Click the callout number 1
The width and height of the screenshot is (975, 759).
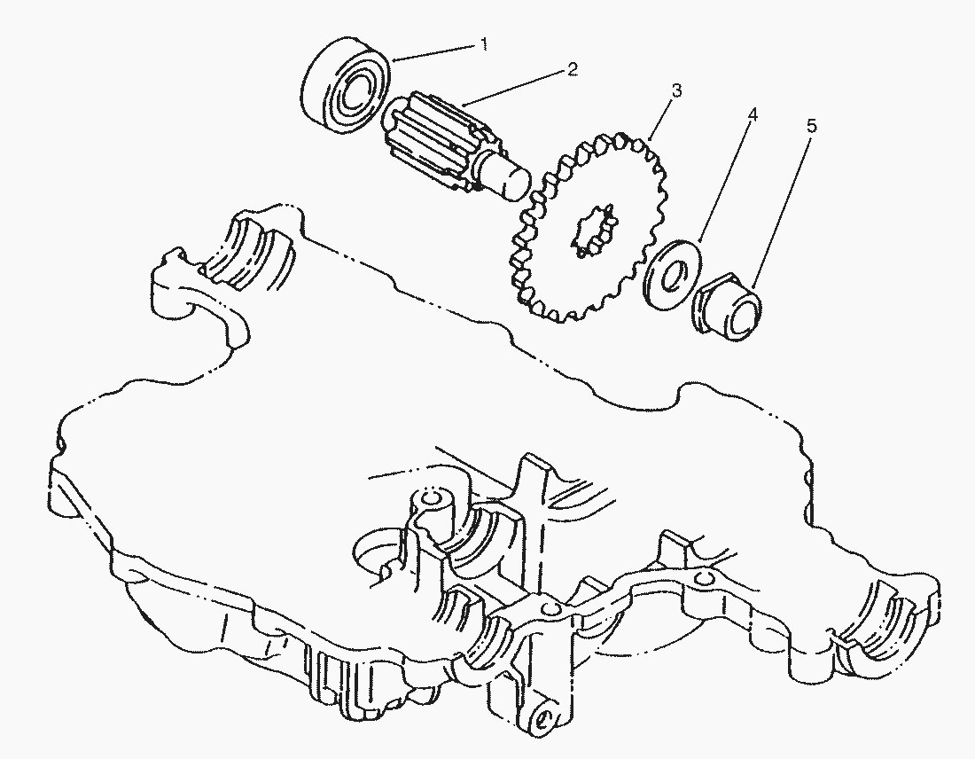point(483,44)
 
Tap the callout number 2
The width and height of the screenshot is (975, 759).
point(572,68)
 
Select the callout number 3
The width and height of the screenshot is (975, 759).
point(676,90)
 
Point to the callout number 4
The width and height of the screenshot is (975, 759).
point(753,115)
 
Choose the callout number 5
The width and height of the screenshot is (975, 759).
point(811,126)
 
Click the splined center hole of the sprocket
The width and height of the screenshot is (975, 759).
point(595,230)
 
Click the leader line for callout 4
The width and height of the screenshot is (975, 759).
point(725,184)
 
